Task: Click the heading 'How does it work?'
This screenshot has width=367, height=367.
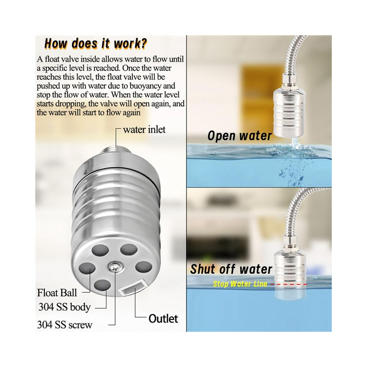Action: pos(96,44)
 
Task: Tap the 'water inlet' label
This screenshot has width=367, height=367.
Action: pos(144,129)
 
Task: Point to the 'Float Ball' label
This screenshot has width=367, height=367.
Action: pos(57,293)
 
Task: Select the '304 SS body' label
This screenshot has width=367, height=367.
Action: pos(65,307)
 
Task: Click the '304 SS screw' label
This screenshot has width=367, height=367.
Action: pos(65,325)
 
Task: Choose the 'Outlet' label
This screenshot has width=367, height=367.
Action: pos(163,318)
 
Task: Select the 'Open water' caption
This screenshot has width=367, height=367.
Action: pos(239,136)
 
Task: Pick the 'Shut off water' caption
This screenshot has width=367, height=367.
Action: pos(231,269)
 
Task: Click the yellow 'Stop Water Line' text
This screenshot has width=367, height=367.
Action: pos(240,284)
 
